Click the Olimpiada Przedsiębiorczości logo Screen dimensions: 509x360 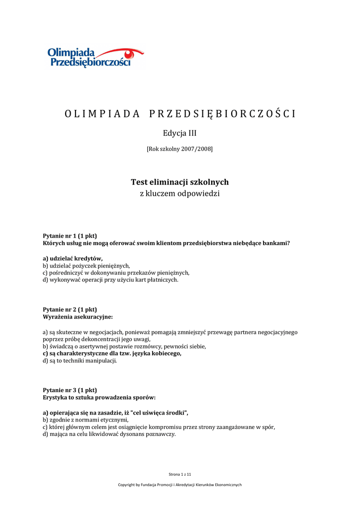point(90,57)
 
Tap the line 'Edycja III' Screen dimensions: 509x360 point(180,133)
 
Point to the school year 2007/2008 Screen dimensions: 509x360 point(180,149)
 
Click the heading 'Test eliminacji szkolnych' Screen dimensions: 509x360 point(180,182)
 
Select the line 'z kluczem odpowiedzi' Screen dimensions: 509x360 point(180,193)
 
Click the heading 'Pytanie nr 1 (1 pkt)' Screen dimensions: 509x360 point(70,236)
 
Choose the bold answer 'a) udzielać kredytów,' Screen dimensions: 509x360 point(73,258)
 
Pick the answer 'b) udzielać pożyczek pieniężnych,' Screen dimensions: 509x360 point(86,266)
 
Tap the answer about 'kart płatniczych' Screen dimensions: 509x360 point(110,280)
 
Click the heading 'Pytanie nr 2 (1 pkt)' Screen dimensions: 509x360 point(70,309)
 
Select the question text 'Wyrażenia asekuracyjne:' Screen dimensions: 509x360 point(78,317)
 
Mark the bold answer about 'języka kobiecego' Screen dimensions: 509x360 point(112,353)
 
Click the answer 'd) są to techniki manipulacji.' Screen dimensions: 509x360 point(80,361)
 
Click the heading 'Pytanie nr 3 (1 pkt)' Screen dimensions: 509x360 point(70,390)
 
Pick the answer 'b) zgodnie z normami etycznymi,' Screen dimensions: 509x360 point(82,420)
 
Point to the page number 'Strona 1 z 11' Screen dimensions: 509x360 point(180,475)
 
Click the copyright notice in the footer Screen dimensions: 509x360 point(180,485)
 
